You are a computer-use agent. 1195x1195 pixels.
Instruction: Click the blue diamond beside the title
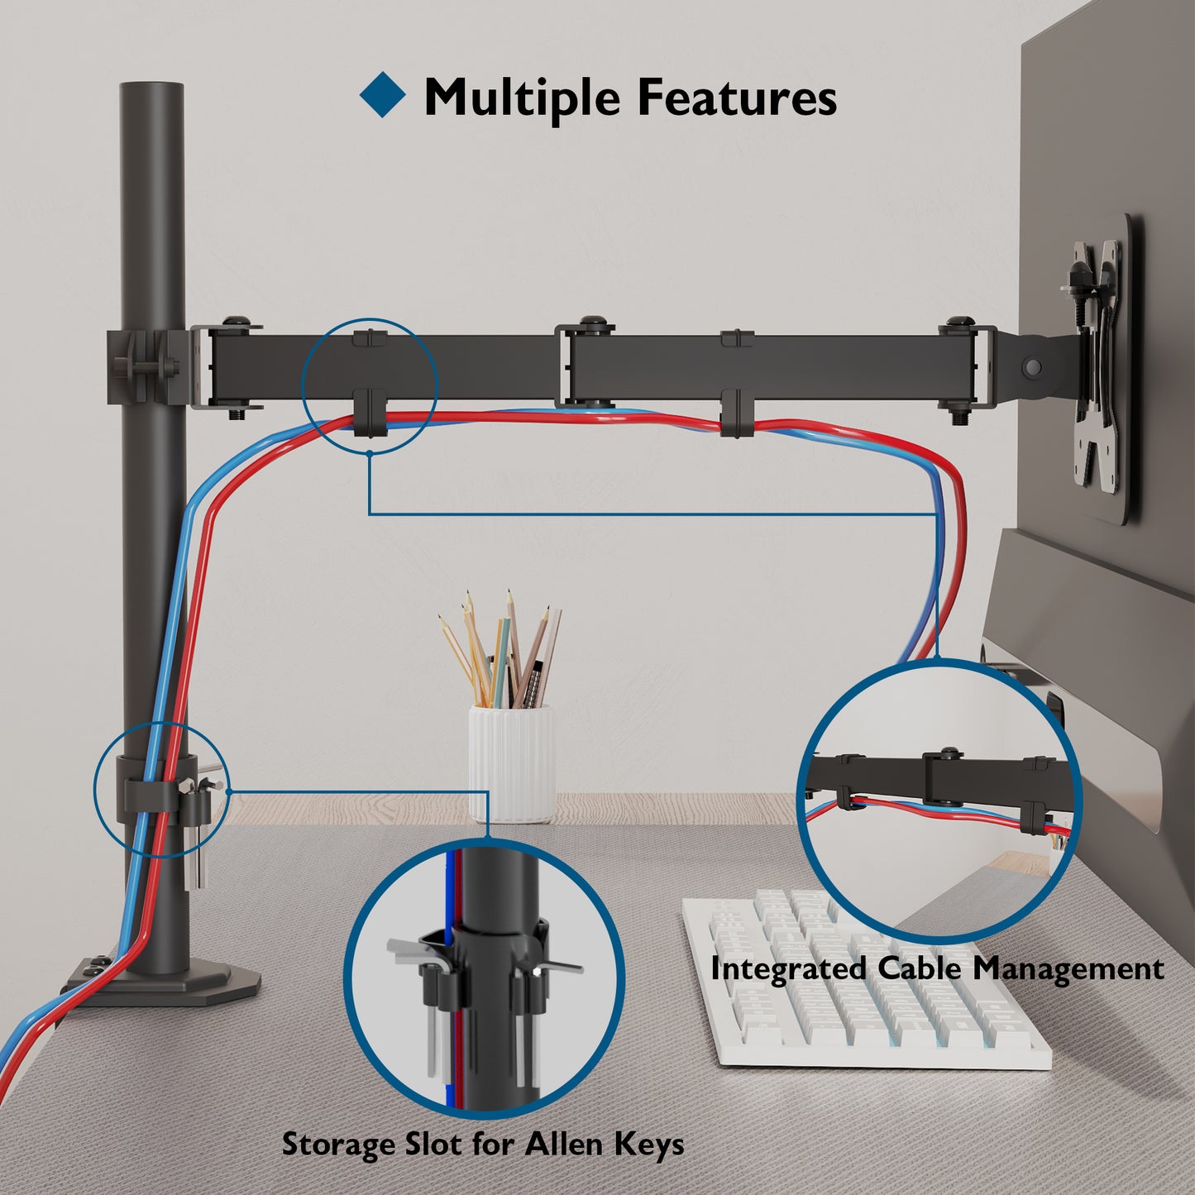pyautogui.click(x=382, y=95)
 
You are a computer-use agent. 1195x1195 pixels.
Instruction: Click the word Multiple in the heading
pyautogui.click(x=522, y=98)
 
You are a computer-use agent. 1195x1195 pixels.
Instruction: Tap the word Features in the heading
pyautogui.click(x=736, y=98)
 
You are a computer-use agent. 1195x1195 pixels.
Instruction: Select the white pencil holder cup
pyautogui.click(x=512, y=762)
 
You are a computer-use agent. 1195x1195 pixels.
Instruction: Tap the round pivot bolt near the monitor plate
pyautogui.click(x=1031, y=365)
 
